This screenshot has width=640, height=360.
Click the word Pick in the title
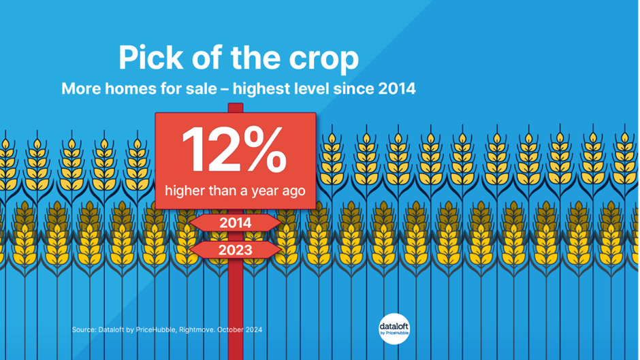pyautogui.click(x=150, y=58)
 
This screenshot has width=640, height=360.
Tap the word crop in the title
pyautogui.click(x=323, y=61)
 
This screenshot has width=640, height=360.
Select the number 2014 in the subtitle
pyautogui.click(x=396, y=88)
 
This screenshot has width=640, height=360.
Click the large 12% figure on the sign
pyautogui.click(x=235, y=150)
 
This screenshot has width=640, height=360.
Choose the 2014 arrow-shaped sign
pyautogui.click(x=235, y=223)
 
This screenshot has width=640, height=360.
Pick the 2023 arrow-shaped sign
pyautogui.click(x=235, y=250)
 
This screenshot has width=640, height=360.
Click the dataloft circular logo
pyautogui.click(x=394, y=329)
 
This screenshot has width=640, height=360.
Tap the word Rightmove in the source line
pyautogui.click(x=197, y=330)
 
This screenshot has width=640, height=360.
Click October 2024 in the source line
pyautogui.click(x=240, y=330)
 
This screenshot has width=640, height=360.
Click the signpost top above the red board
pyautogui.click(x=236, y=108)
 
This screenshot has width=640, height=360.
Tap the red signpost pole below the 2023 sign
pyautogui.click(x=236, y=309)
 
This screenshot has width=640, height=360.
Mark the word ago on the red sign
pyautogui.click(x=295, y=192)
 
